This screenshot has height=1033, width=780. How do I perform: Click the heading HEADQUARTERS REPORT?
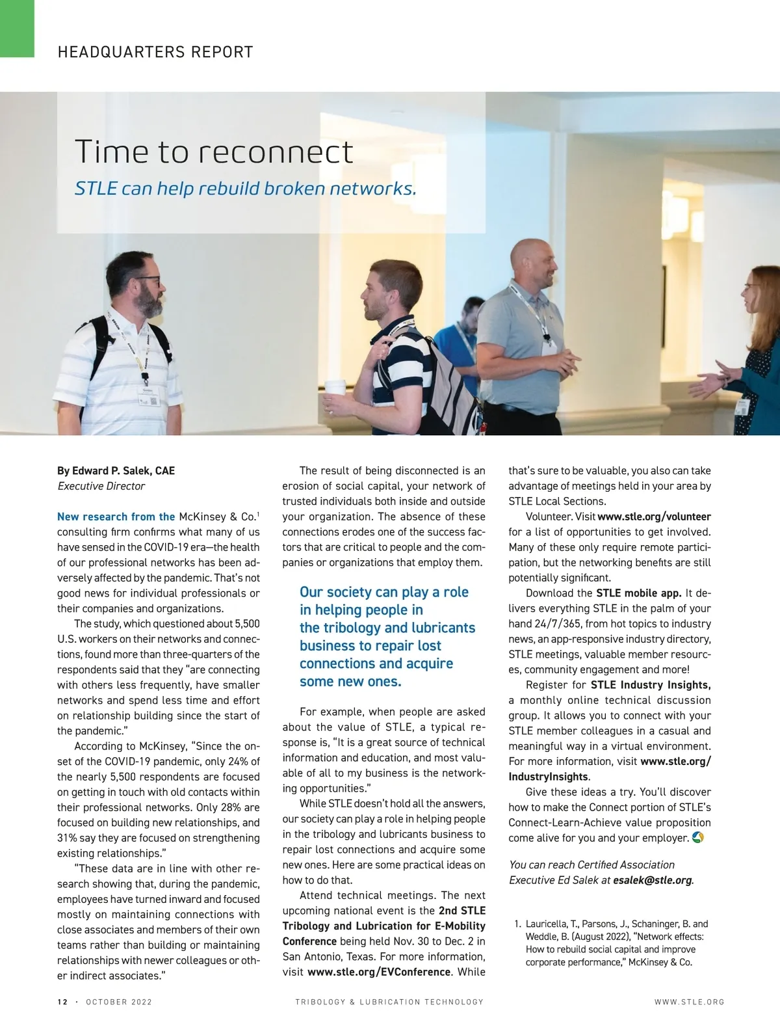click(155, 52)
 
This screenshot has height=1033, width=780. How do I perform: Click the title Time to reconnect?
click(214, 152)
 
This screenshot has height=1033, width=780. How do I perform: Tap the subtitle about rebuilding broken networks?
click(245, 189)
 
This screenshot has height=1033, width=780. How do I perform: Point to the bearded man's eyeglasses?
click(148, 281)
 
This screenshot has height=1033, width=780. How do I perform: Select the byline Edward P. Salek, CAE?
click(116, 470)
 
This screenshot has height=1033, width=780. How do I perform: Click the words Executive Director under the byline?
click(101, 486)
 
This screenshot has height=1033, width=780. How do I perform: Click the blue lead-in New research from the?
click(116, 516)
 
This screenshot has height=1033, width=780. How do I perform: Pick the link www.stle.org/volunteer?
click(654, 516)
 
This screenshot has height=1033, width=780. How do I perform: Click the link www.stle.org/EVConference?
click(379, 972)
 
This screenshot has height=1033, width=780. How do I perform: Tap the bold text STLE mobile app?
click(638, 593)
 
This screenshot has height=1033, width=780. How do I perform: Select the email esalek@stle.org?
click(653, 880)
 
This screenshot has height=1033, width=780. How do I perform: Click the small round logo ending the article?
click(698, 837)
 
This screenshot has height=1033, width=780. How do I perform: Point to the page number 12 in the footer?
click(62, 1002)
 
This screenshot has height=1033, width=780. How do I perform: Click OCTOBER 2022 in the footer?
click(119, 1002)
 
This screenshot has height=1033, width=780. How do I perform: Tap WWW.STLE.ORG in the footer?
click(689, 1002)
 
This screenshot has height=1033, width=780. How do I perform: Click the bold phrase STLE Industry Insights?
click(650, 685)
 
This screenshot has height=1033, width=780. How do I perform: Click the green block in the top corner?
click(17, 27)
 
